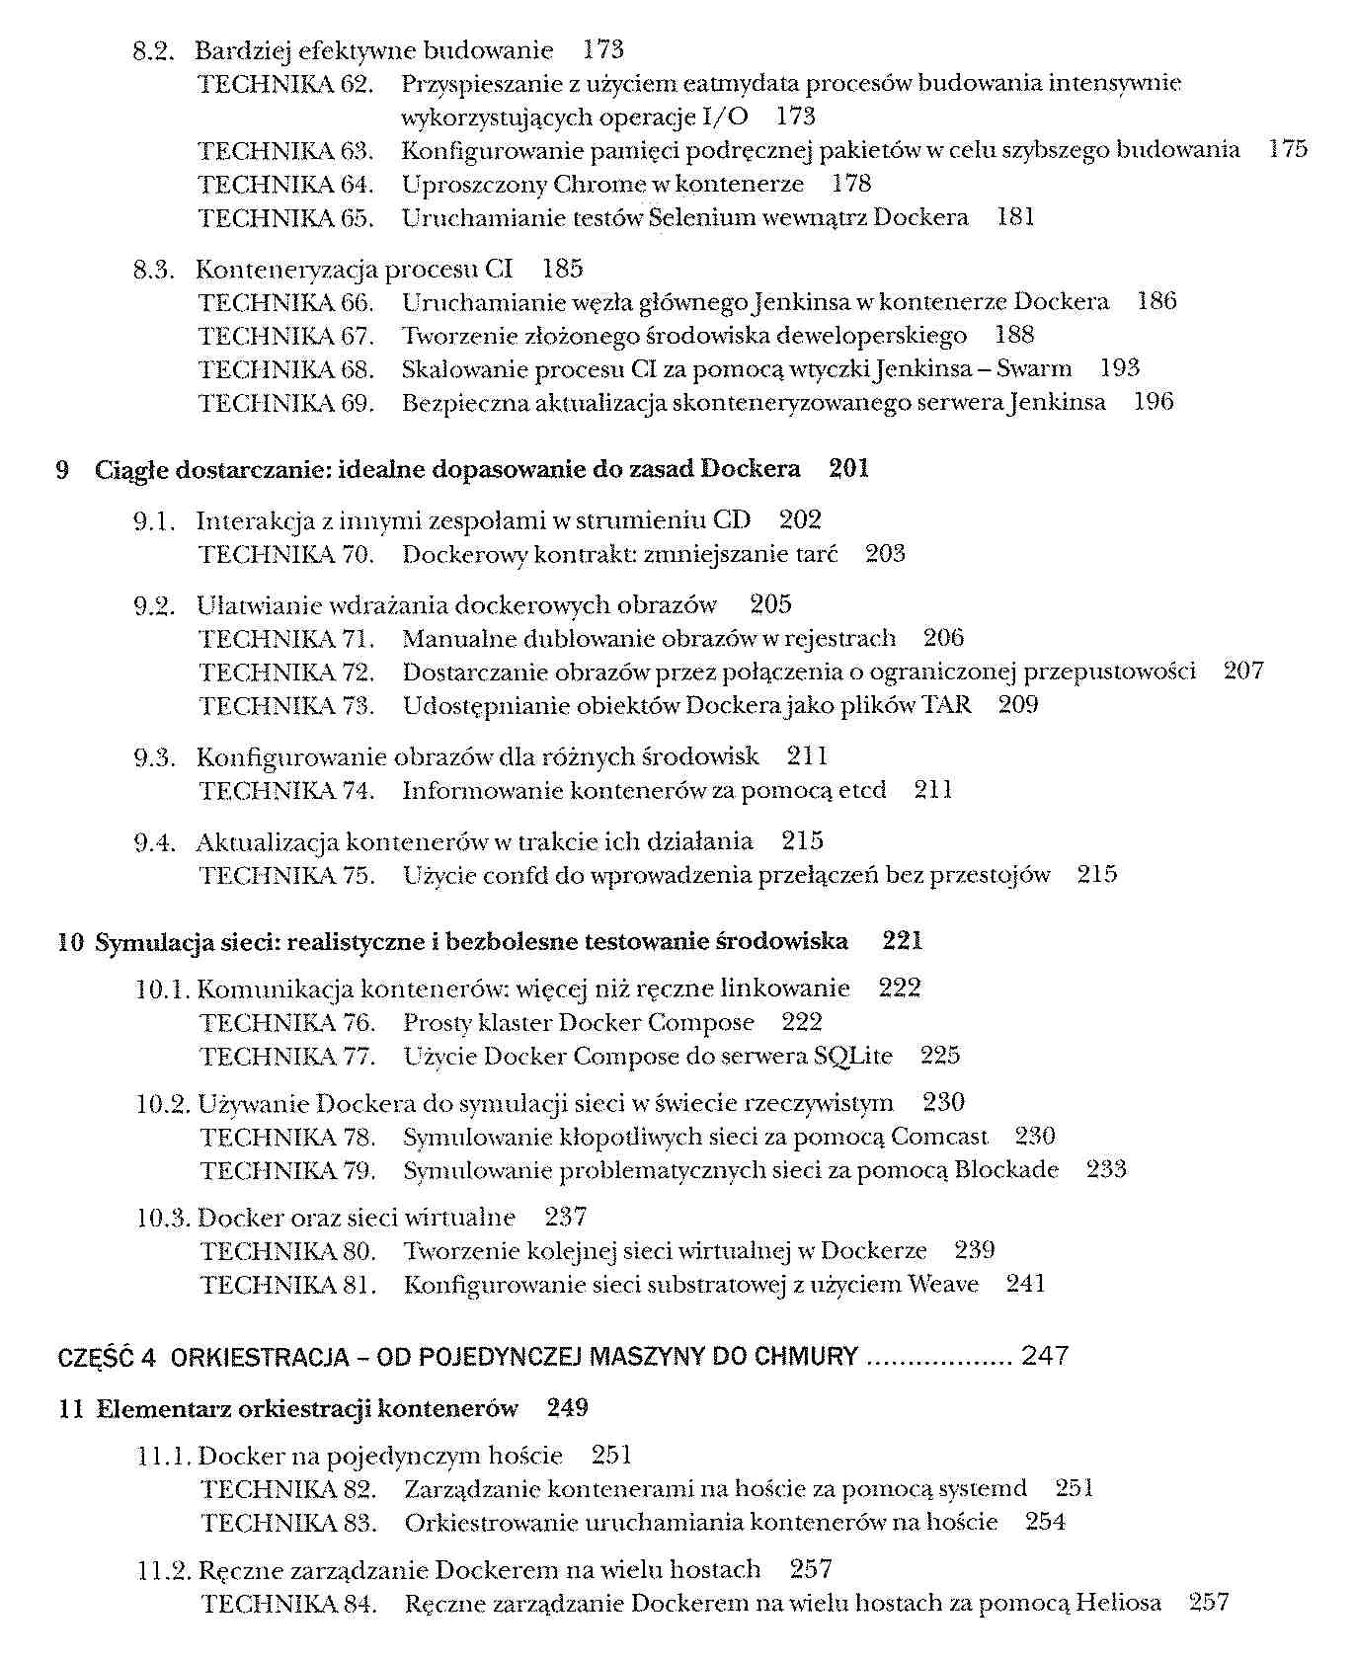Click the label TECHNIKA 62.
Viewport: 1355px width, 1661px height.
tap(285, 84)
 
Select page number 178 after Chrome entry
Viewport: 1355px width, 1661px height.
tap(851, 185)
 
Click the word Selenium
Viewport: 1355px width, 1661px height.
tap(692, 218)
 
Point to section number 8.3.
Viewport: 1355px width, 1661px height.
tap(153, 270)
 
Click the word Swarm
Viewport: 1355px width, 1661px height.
tap(1034, 369)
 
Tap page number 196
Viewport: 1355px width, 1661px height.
tap(1154, 403)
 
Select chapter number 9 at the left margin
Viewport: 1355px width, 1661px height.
tap(63, 470)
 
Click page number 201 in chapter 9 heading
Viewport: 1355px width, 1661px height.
tap(849, 469)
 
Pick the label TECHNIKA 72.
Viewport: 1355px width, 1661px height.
tap(286, 673)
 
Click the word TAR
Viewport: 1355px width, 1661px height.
tap(946, 706)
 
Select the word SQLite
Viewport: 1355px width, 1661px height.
tap(852, 1057)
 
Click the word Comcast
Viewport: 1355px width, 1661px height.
tap(939, 1138)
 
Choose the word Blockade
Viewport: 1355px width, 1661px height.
tap(1006, 1171)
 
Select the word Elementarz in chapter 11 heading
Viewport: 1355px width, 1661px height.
tap(163, 1409)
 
